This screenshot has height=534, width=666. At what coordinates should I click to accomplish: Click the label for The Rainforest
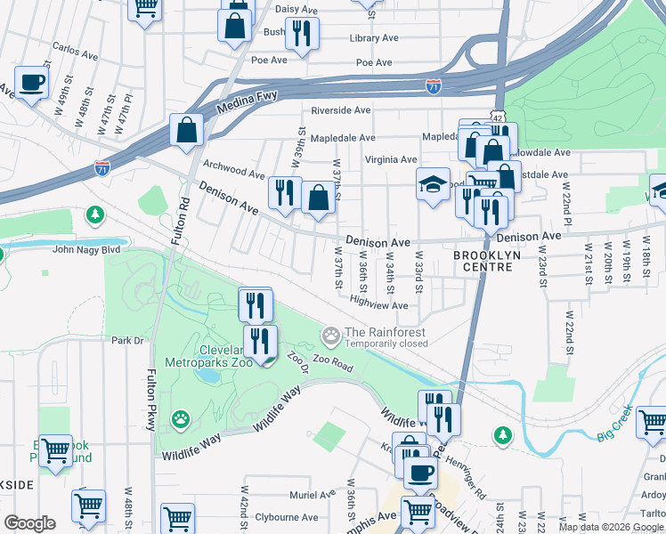click(x=386, y=332)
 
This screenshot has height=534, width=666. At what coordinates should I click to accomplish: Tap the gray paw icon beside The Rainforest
click(x=332, y=336)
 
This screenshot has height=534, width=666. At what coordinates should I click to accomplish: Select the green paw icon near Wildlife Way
click(x=181, y=417)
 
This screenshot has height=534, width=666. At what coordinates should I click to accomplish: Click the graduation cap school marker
click(x=433, y=184)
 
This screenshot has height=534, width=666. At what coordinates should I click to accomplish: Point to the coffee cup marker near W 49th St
click(x=32, y=83)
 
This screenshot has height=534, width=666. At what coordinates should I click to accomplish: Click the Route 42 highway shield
click(x=497, y=116)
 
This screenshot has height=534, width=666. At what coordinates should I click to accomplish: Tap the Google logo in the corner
click(x=29, y=523)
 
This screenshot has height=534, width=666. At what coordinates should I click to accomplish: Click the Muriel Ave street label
click(x=311, y=495)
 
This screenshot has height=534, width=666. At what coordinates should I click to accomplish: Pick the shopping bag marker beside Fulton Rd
click(x=189, y=130)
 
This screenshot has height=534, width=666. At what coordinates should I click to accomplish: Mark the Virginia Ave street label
click(x=390, y=160)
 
